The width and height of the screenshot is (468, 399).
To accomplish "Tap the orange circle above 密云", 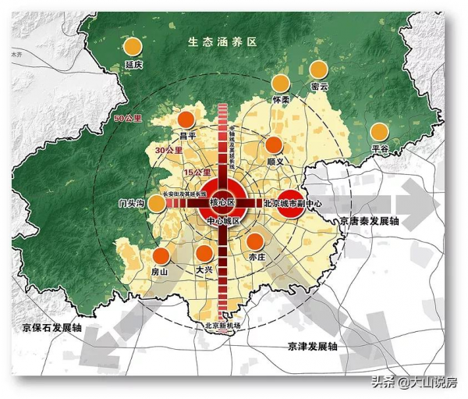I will pyautogui.click(x=318, y=69).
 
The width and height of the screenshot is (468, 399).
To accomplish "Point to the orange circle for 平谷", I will pyautogui.click(x=380, y=131).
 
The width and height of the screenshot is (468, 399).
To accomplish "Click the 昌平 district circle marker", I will pyautogui.click(x=186, y=120).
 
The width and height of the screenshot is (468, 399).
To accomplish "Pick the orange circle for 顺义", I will pyautogui.click(x=274, y=144).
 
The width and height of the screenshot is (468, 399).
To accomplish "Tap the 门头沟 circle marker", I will pyautogui.click(x=157, y=203).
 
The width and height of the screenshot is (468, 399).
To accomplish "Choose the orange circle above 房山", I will pyautogui.click(x=160, y=255).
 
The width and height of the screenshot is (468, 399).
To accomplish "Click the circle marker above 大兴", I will pyautogui.click(x=204, y=254).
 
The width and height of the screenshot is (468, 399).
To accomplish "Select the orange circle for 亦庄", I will pyautogui.click(x=255, y=240).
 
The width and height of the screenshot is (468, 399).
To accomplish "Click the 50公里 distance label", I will pyautogui.click(x=128, y=118).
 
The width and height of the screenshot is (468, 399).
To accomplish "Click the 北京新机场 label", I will pyautogui.click(x=225, y=325).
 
